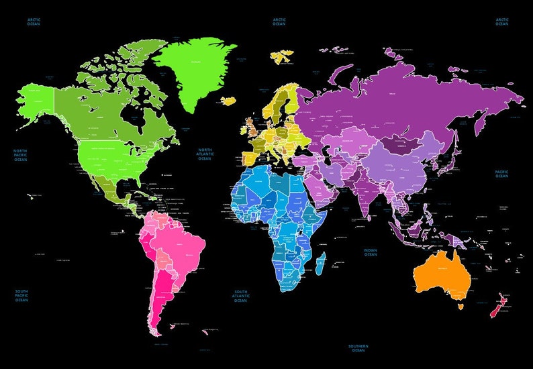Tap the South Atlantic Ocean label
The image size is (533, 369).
(x=241, y=296)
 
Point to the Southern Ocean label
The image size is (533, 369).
(x=358, y=348)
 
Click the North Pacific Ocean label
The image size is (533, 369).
(x=21, y=155)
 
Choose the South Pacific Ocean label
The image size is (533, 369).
(x=21, y=296)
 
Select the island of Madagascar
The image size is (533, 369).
(x=320, y=262)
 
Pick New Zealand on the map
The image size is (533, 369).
(x=497, y=306)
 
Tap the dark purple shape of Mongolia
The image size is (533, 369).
(x=399, y=144)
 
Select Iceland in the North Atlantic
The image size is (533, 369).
(x=230, y=101)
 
